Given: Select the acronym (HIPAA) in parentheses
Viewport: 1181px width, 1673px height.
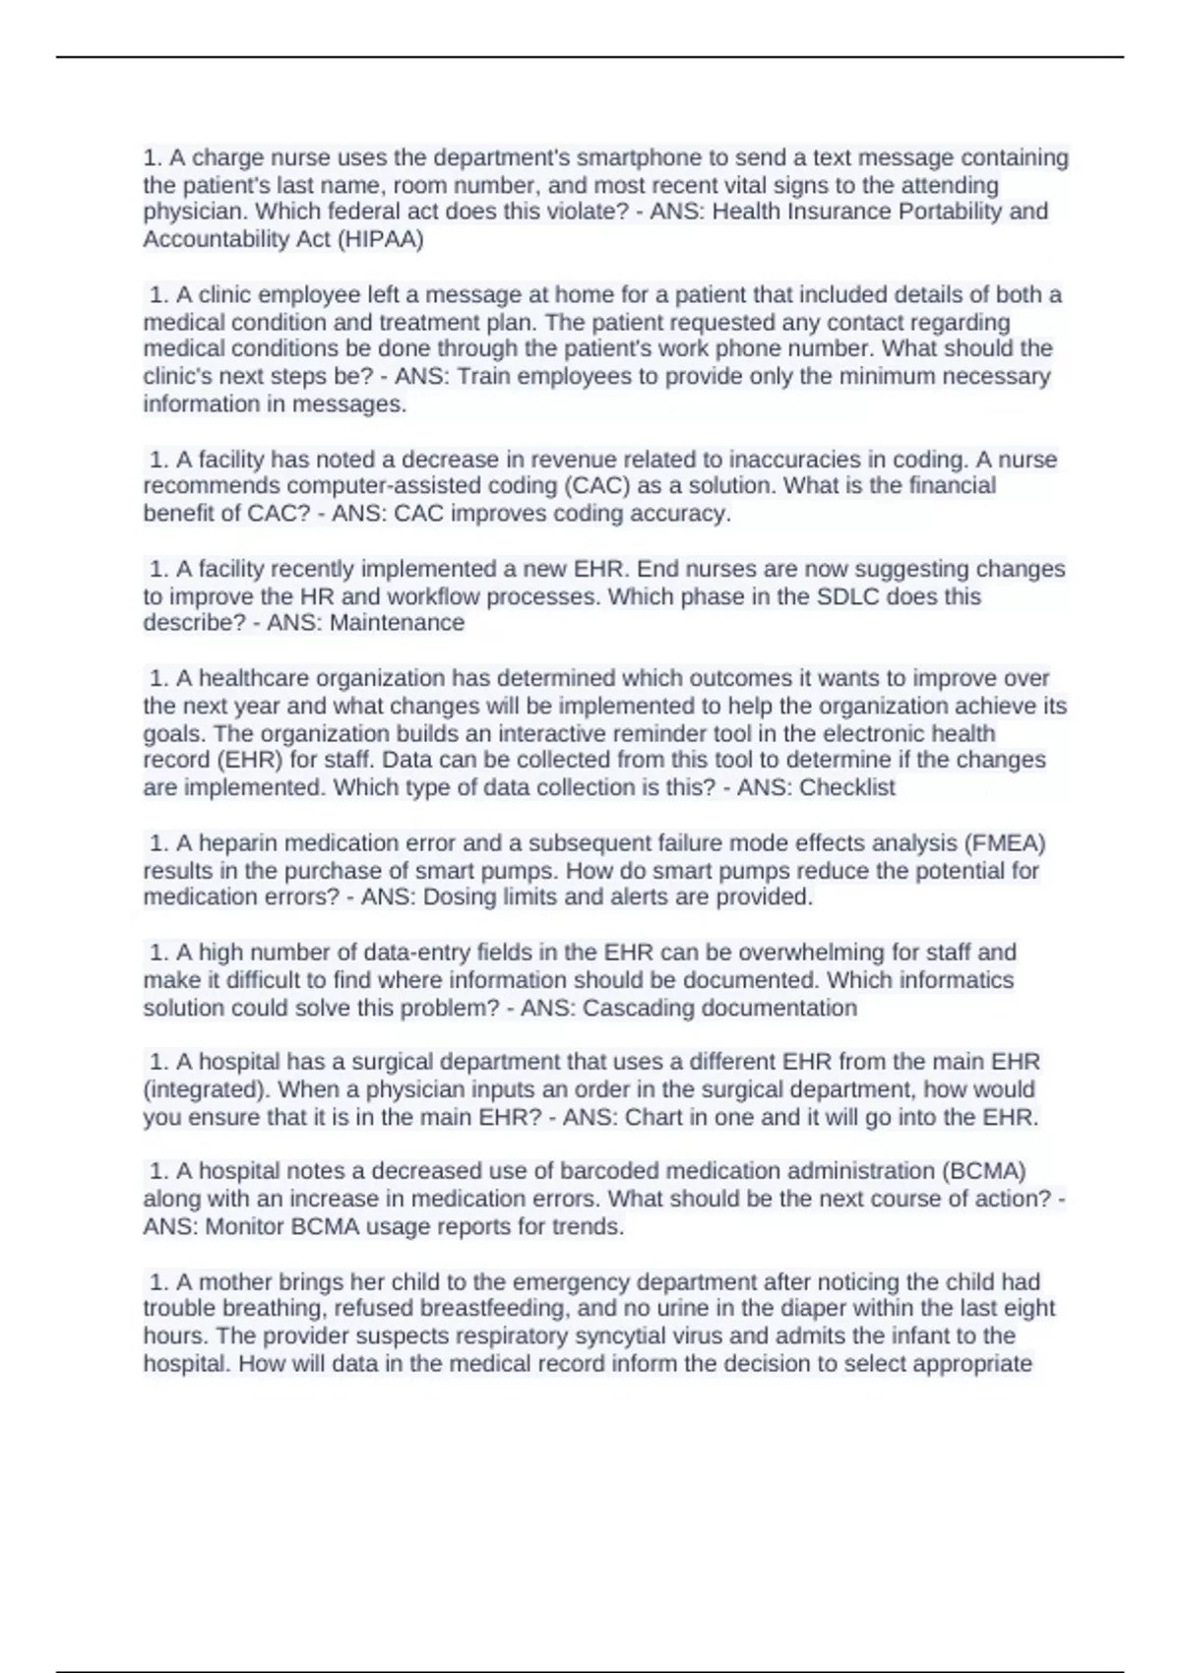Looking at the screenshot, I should [x=380, y=240].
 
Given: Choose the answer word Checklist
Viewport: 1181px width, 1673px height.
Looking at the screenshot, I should [x=847, y=788].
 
